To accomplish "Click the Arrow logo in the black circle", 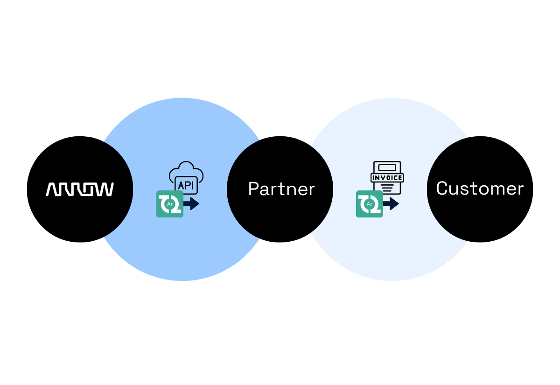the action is (x=80, y=189).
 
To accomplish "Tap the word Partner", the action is (x=281, y=189).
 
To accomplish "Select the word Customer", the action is (x=480, y=189).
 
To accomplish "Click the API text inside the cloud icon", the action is (x=186, y=185).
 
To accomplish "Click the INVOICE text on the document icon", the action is (x=387, y=178).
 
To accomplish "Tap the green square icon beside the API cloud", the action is (x=170, y=204).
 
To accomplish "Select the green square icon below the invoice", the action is (x=370, y=204).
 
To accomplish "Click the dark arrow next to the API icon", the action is (x=191, y=204).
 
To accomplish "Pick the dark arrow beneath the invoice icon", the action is (x=391, y=204).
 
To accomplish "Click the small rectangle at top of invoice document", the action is (x=387, y=168).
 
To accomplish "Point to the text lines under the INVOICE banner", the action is (x=387, y=188).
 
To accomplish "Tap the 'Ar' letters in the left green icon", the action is (x=170, y=204).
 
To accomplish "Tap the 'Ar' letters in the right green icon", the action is (x=370, y=204).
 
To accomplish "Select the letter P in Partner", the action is (x=253, y=189).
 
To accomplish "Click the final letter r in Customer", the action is (x=520, y=190).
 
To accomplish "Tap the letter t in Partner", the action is (x=282, y=190).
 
